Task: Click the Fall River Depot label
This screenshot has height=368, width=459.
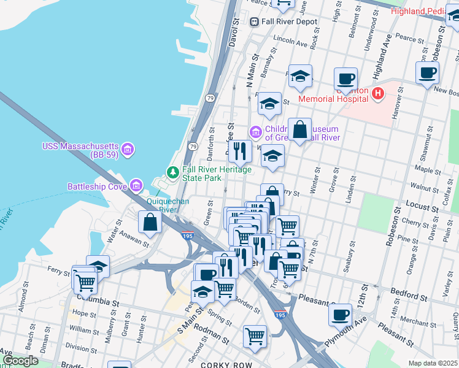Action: pos(289,21)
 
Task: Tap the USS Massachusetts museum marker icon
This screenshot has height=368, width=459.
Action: pos(127,148)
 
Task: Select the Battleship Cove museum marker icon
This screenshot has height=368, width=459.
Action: pos(136,185)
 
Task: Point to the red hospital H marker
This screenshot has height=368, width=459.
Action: pos(378,93)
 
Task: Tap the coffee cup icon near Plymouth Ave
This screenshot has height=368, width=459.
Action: pos(341,315)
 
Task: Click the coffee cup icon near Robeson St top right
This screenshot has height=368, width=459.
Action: pos(427,72)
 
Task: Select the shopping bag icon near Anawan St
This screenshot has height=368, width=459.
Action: pos(150,223)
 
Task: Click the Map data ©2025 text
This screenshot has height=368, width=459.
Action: pos(433,363)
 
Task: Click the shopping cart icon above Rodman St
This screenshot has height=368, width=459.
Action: pos(255,335)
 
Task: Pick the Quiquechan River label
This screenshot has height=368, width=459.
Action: pos(168,205)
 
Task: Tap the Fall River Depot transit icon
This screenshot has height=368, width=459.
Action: pos(254,21)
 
